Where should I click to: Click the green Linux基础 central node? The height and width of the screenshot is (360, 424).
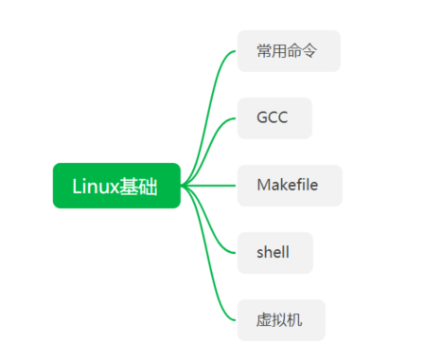116,186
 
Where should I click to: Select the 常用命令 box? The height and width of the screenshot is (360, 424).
289,51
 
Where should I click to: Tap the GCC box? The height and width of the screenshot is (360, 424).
274,118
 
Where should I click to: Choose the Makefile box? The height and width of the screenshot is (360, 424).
290,186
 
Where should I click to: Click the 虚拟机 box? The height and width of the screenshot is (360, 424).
281,320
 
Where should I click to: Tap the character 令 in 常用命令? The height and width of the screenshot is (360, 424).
313,51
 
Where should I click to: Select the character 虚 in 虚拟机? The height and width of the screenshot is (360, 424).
264,320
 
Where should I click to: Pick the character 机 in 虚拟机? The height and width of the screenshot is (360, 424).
296,320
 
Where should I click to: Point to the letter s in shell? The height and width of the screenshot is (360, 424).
259,253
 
